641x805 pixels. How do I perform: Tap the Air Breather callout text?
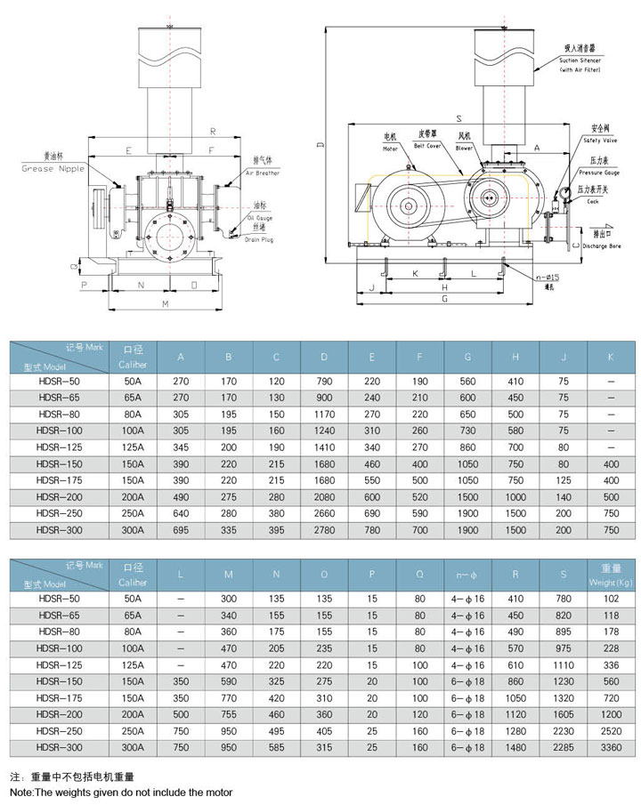[x=266, y=173]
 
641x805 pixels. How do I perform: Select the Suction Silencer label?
[x=580, y=60]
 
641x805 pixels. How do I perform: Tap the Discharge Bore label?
[x=604, y=248]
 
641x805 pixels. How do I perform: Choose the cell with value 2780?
[x=324, y=530]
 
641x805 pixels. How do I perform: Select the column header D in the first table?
[x=324, y=357]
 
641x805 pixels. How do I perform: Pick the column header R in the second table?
[x=514, y=574]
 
